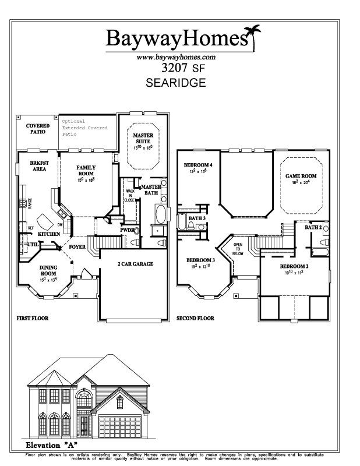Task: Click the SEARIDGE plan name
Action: [175, 83]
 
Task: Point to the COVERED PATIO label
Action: [37, 129]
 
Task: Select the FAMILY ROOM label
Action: [86, 171]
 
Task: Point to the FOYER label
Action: [78, 246]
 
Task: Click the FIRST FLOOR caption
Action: [32, 319]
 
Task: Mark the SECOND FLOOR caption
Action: [195, 319]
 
